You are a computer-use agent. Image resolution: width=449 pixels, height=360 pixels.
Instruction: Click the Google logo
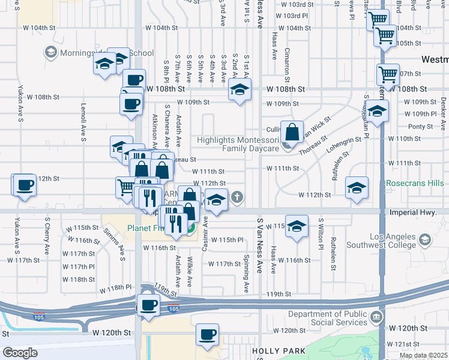[x=20, y=352]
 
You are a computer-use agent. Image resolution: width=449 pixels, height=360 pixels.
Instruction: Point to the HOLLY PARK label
[x=274, y=350]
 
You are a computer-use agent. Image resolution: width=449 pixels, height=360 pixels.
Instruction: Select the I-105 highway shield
[x=173, y=309]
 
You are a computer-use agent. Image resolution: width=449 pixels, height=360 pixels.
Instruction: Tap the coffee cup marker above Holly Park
[x=208, y=335]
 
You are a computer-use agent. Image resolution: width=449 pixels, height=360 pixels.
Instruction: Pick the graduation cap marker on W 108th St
[x=240, y=91]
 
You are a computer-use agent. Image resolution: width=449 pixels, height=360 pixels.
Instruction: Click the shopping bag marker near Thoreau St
[x=291, y=133]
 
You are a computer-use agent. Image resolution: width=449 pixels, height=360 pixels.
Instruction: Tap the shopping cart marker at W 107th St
[x=388, y=76]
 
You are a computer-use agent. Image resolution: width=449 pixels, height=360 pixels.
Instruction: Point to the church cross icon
[x=238, y=197]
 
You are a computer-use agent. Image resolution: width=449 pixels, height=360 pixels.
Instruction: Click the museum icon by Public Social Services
[x=376, y=317]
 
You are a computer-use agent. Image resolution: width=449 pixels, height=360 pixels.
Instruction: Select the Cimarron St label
[x=287, y=65]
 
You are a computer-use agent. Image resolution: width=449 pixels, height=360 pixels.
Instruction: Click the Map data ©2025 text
[x=423, y=355]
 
